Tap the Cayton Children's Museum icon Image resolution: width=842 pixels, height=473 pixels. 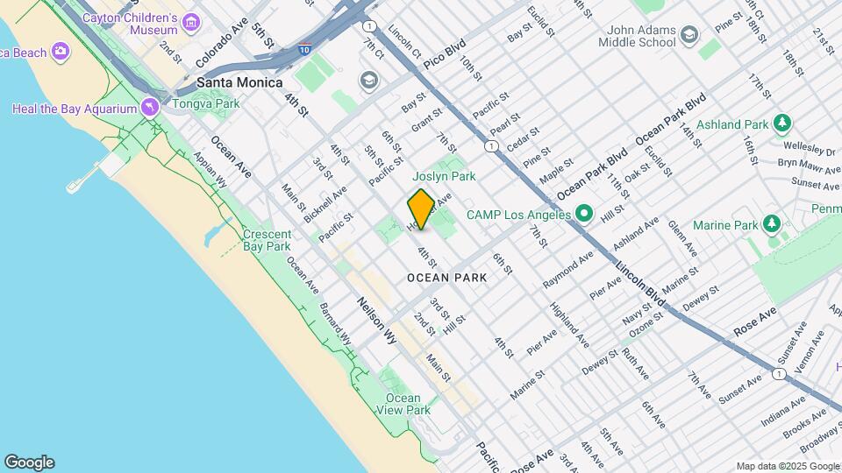[190, 19]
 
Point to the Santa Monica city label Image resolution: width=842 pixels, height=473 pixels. [239, 82]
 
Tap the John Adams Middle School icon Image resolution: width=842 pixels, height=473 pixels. [689, 35]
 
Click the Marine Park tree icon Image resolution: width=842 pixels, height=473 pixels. [772, 225]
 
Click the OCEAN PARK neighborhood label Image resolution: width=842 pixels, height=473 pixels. [446, 278]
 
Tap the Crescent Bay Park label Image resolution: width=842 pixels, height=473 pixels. [267, 240]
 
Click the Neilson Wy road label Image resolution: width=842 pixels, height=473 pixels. [375, 321]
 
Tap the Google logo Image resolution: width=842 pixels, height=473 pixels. [29, 462]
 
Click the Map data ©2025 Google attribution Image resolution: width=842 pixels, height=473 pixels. [787, 466]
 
